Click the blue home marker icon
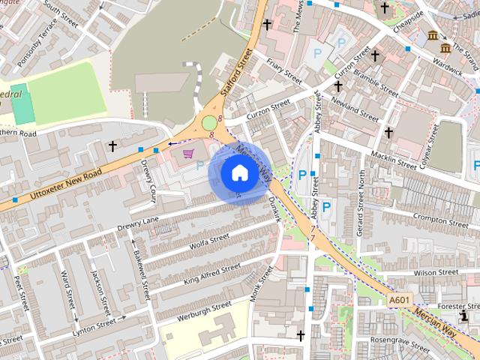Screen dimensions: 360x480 coord(239,173)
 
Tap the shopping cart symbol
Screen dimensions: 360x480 coord(189,153)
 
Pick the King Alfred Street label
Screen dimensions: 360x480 coord(212,274)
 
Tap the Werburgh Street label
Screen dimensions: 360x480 coord(205,310)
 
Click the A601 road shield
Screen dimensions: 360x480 coord(399,301)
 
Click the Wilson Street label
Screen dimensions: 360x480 coord(435,272)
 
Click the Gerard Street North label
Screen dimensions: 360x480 coord(361,202)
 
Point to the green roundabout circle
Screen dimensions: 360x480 coord(209,122)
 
